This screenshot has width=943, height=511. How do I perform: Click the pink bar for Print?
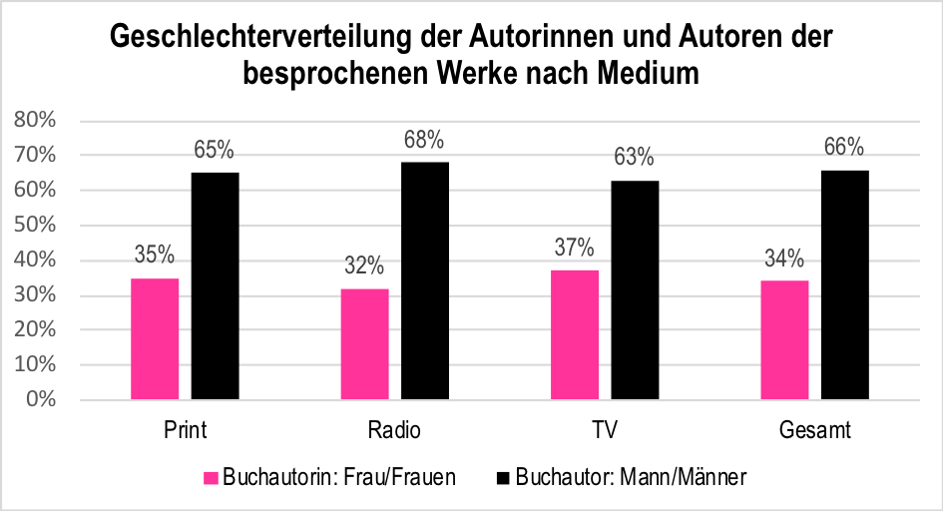pyautogui.click(x=155, y=338)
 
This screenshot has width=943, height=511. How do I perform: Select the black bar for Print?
pyautogui.click(x=215, y=285)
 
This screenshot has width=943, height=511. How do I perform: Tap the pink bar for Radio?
pyautogui.click(x=364, y=343)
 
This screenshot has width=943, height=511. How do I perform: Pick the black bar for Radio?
pyautogui.click(x=425, y=280)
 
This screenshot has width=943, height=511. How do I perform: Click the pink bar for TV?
pyautogui.click(x=575, y=334)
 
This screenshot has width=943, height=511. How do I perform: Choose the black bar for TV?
pyautogui.click(x=635, y=289)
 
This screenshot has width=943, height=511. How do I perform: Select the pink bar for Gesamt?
pyautogui.click(x=784, y=339)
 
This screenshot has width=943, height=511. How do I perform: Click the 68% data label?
pyautogui.click(x=424, y=140)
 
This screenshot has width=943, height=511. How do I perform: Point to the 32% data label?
pyautogui.click(x=364, y=265)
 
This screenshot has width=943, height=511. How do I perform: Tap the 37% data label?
pyautogui.click(x=575, y=248)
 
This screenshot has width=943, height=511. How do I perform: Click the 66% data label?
pyautogui.click(x=844, y=147)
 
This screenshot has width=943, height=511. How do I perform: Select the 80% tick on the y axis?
pyautogui.click(x=35, y=121)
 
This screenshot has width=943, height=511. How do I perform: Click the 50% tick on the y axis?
pyautogui.click(x=35, y=226)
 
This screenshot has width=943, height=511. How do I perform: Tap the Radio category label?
pyautogui.click(x=394, y=431)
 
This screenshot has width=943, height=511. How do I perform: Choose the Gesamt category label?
pyautogui.click(x=814, y=431)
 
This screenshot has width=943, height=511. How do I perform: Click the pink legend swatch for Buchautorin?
pyautogui.click(x=211, y=477)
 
